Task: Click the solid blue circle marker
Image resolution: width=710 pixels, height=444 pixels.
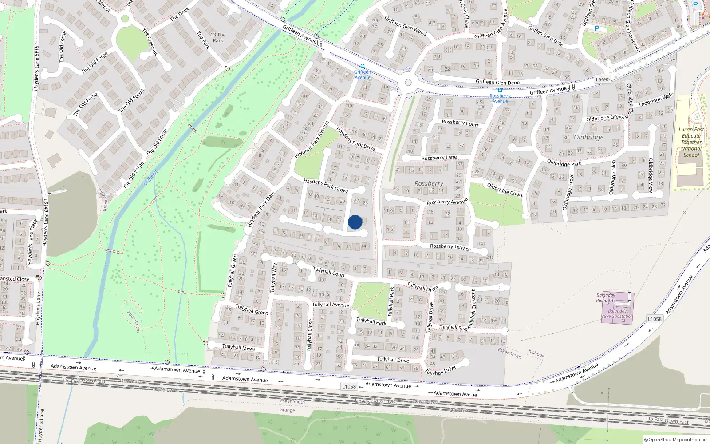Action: (355, 222)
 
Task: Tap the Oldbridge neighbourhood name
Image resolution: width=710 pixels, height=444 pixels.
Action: (588, 137)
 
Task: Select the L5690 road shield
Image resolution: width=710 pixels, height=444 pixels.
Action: (603, 79)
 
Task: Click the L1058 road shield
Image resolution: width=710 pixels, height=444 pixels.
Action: (349, 386)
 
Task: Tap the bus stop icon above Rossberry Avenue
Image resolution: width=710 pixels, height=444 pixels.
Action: (500, 90)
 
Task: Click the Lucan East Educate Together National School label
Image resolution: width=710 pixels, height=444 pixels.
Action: (691, 142)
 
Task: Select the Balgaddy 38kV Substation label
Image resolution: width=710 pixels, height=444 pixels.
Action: (617, 314)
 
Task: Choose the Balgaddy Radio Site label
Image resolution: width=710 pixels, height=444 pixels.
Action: (606, 297)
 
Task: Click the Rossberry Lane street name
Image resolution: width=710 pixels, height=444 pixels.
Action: (439, 158)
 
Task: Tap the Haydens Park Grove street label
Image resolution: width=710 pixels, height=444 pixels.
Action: (325, 186)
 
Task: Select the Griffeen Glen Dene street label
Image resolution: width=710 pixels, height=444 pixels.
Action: (497, 82)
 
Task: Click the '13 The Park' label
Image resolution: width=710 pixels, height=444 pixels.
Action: (218, 38)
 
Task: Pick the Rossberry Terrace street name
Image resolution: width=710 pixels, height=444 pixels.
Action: (450, 247)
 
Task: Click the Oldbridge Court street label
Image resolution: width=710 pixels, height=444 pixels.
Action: (505, 190)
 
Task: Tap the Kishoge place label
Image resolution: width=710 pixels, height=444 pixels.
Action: (536, 353)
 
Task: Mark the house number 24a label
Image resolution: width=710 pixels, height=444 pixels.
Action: (490, 258)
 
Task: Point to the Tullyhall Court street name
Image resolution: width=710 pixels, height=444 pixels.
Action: (329, 272)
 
